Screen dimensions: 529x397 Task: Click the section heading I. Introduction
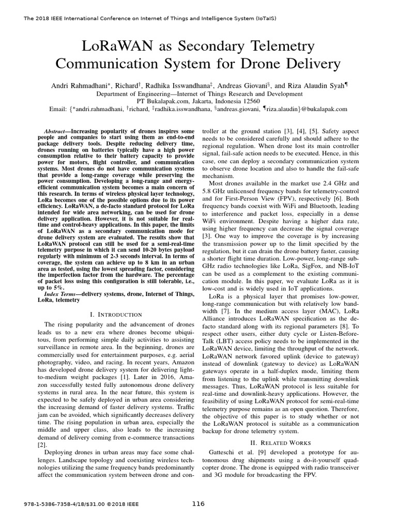pos(116,314)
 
